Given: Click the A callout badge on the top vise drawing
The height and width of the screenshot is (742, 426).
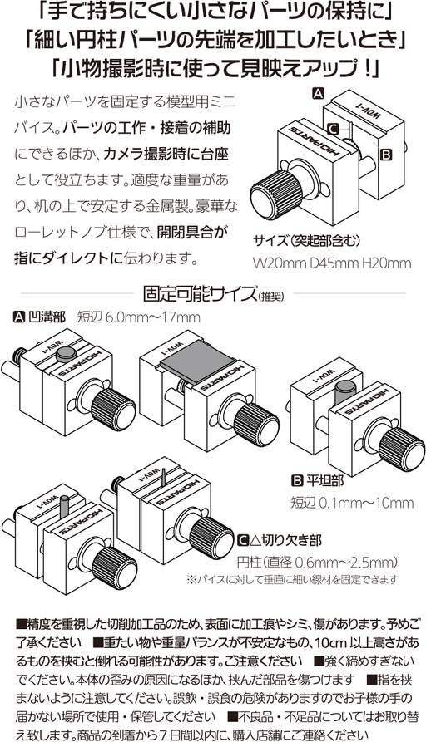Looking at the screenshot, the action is point(319,93).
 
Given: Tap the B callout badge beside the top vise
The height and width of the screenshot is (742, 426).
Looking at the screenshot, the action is point(387,155).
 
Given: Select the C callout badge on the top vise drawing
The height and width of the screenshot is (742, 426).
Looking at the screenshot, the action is point(333,128).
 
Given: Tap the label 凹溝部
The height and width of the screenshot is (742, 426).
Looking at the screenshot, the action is point(47,317).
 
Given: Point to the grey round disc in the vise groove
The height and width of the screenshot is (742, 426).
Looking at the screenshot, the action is point(66,352).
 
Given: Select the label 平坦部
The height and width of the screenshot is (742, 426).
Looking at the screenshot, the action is point(324,481).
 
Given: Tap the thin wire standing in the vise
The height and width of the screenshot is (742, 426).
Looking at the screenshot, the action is point(161,477).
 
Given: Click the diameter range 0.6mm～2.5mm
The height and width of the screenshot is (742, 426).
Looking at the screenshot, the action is point(346,563).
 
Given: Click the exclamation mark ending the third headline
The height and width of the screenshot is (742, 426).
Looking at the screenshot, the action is point(369,69).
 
